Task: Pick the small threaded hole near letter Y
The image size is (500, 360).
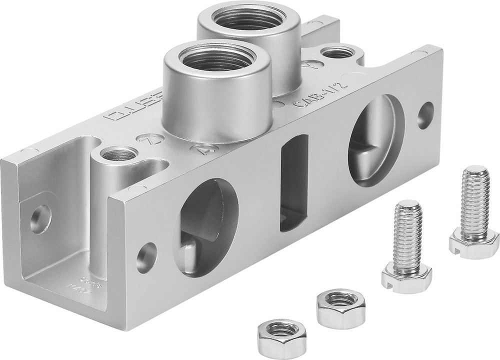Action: [x=338, y=51]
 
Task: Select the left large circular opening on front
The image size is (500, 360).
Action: [x=205, y=225]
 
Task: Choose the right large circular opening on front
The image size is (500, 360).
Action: [x=375, y=141]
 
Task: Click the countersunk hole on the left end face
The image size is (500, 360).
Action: [x=40, y=218]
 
